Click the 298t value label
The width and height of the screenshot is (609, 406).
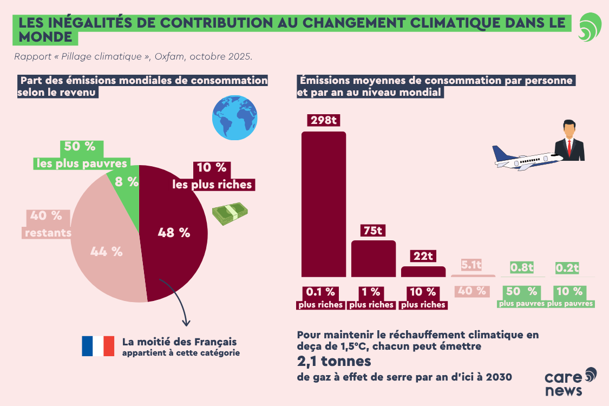[323, 120]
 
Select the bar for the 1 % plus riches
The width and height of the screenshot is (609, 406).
[374, 259]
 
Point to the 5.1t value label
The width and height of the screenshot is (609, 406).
[471, 265]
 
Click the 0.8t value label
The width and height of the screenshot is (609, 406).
[522, 267]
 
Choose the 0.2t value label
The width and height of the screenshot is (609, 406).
[568, 267]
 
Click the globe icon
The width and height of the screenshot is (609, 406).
[234, 118]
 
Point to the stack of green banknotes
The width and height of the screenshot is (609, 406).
[228, 215]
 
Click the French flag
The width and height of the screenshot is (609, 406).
[98, 346]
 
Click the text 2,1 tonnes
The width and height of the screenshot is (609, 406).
[333, 361]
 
